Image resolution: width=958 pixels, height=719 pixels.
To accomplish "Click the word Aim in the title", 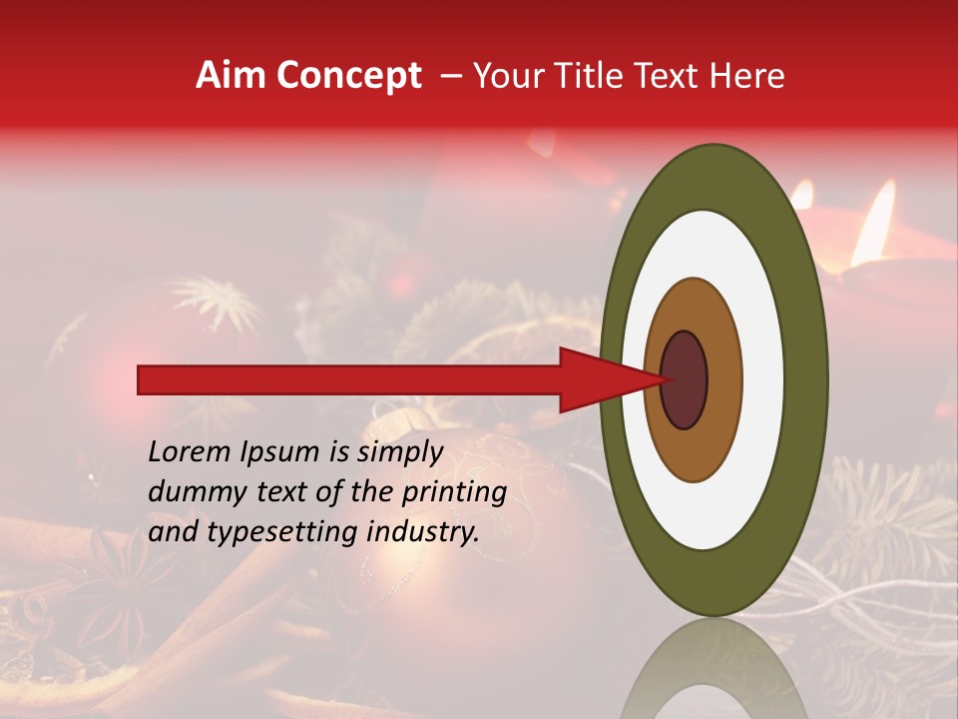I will click(232, 76).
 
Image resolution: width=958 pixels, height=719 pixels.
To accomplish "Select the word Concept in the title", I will click(349, 76).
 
